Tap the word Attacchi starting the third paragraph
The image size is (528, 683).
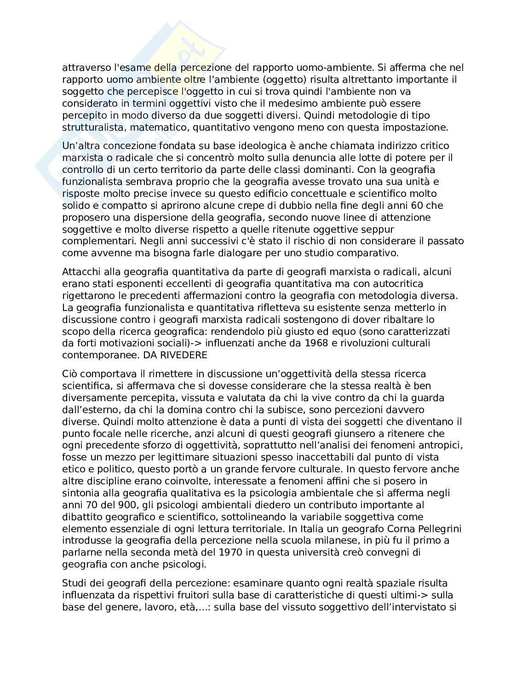click(x=80, y=272)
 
